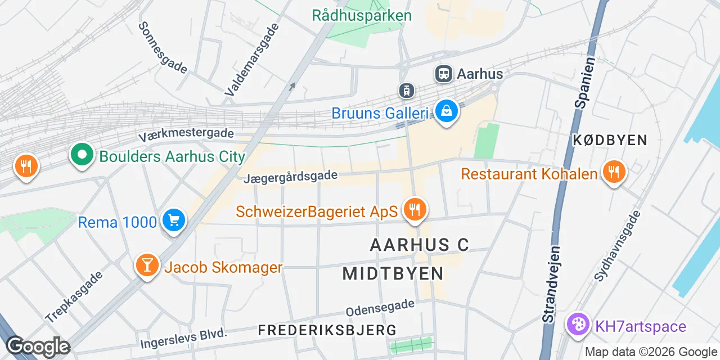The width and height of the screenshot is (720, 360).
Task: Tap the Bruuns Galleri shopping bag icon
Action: [446, 111]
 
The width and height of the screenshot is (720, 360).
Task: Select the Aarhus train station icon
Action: [444, 73]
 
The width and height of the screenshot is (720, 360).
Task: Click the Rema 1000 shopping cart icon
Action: [173, 220]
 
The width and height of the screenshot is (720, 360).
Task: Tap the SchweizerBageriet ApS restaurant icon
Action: [415, 210]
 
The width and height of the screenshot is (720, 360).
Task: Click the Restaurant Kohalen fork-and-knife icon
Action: [613, 172]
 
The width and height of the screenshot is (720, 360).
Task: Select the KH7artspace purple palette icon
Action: [577, 325]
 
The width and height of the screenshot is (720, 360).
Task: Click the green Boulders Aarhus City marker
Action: [82, 155]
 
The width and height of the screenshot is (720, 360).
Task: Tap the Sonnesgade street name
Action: [163, 48]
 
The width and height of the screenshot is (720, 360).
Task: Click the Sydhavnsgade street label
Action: [618, 246]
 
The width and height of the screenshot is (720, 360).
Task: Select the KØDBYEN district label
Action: [610, 140]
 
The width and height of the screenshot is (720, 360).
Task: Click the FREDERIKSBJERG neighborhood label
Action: [327, 330]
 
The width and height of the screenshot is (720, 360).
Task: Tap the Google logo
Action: [37, 346]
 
